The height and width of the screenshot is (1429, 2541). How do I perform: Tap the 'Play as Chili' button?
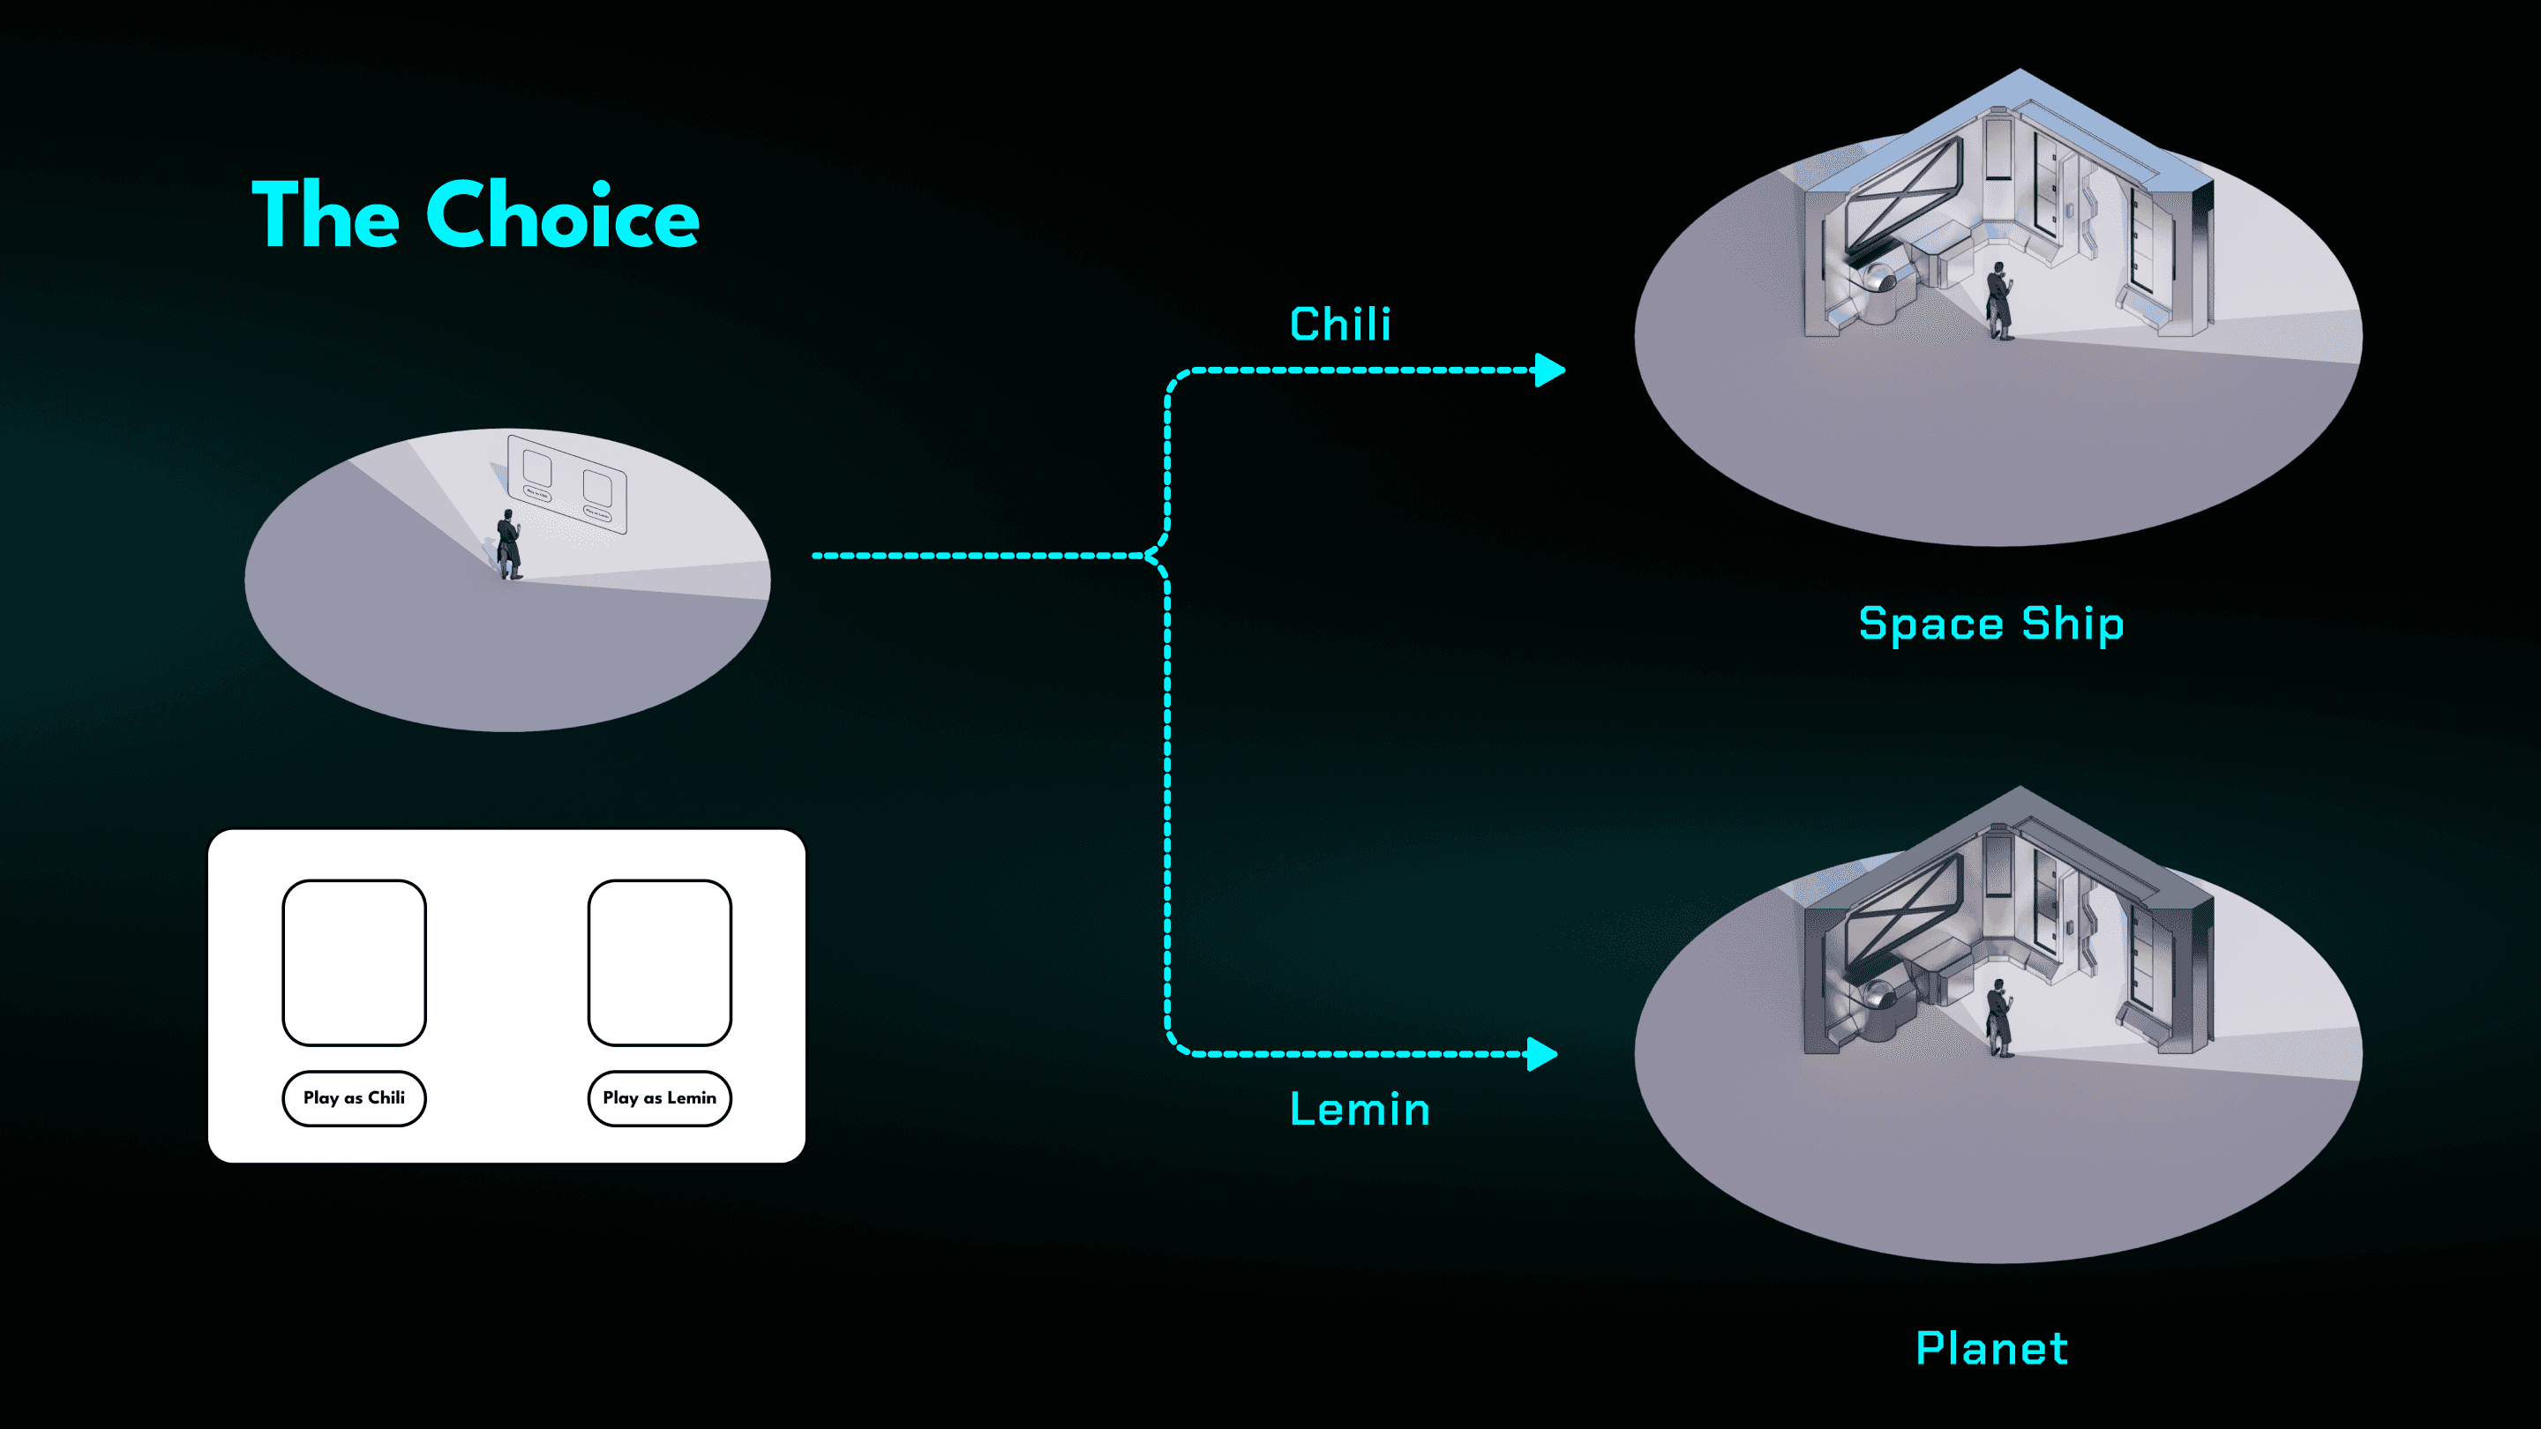[354, 1097]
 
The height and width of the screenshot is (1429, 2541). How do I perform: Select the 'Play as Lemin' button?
[659, 1097]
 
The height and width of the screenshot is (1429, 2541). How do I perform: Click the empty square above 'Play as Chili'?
[354, 962]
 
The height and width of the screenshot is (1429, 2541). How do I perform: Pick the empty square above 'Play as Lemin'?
[659, 962]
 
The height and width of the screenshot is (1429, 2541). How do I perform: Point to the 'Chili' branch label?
[1339, 325]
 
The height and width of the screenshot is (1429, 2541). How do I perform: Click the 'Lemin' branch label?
[1360, 1110]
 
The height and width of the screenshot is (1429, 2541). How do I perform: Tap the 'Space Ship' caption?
[1990, 625]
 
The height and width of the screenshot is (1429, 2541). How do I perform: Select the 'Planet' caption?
[1990, 1348]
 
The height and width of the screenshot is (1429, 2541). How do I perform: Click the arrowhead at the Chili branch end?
[1551, 370]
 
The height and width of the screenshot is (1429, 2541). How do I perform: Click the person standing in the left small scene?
[509, 544]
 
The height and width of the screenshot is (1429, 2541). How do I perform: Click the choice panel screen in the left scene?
[567, 483]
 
